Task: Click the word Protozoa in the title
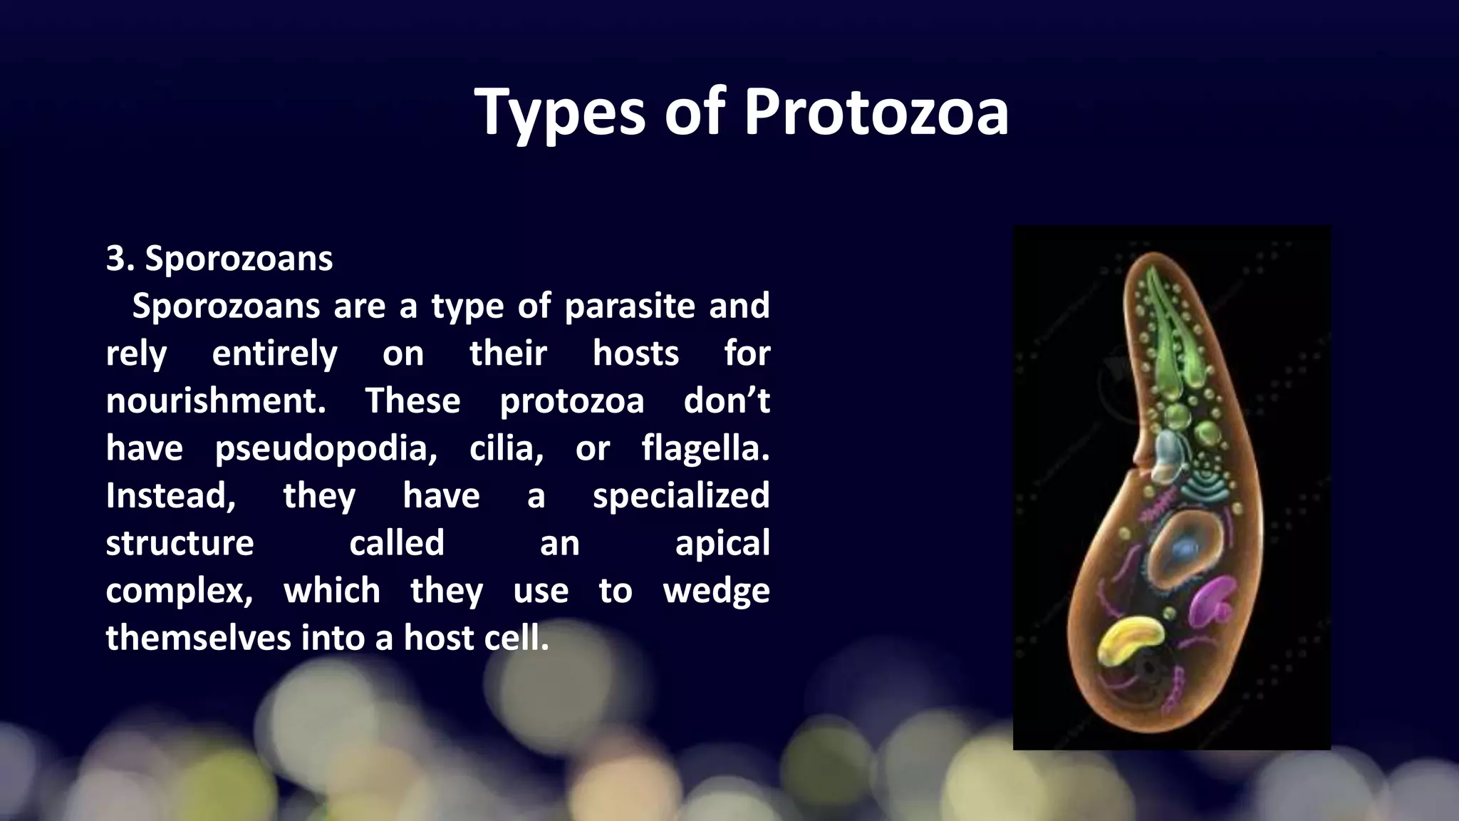(876, 113)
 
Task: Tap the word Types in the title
(559, 113)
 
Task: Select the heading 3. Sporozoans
(219, 258)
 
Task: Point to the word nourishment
(216, 401)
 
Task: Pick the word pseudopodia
(326, 448)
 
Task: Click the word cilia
(506, 448)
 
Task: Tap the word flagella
(705, 448)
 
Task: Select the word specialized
(681, 495)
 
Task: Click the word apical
(722, 543)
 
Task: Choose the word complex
(179, 591)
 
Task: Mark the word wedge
(716, 591)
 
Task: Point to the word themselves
(198, 638)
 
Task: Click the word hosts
(636, 353)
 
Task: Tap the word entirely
(275, 353)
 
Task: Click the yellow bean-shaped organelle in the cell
(1129, 639)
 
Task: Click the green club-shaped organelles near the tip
(1170, 335)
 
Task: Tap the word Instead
(170, 495)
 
